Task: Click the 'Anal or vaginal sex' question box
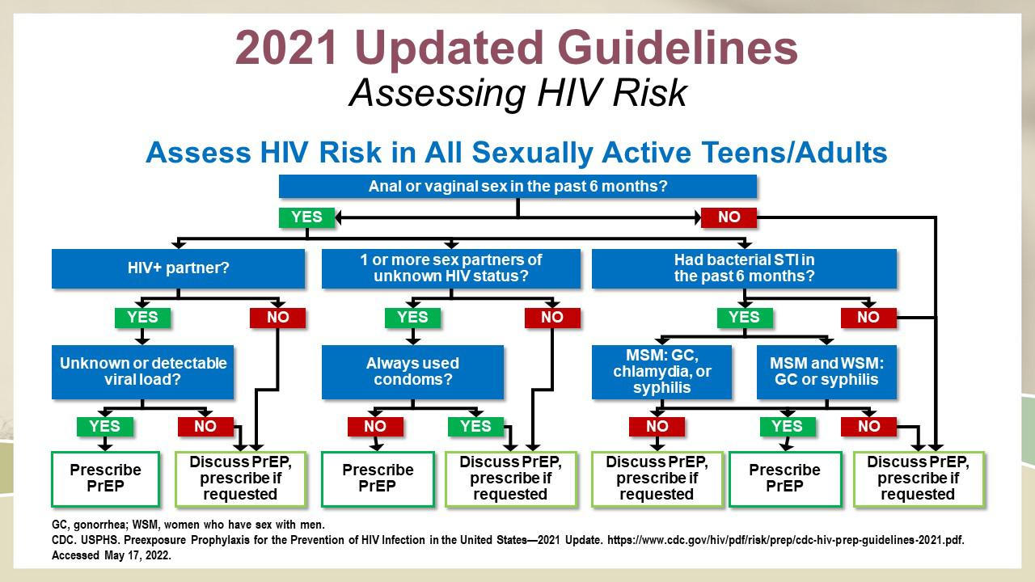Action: click(517, 186)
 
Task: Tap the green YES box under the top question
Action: click(306, 217)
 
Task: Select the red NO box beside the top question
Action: click(729, 217)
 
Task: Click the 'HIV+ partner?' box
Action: click(179, 268)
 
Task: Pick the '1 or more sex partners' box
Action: click(451, 268)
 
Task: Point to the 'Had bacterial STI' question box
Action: click(744, 268)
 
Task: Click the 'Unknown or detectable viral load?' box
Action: click(143, 372)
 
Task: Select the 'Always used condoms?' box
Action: click(412, 372)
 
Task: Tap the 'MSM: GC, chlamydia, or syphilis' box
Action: click(661, 372)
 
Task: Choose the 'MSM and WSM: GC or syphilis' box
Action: click(826, 372)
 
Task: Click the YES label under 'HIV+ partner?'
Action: click(143, 318)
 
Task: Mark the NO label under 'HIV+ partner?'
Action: click(277, 318)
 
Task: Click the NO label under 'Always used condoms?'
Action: click(375, 426)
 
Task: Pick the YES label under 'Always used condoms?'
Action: click(475, 426)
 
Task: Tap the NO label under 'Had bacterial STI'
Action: click(868, 318)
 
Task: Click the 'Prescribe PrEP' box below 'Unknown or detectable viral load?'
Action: click(105, 479)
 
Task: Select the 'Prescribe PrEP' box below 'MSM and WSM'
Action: click(785, 479)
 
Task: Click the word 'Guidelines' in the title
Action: click(678, 48)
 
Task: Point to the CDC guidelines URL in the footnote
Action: click(785, 540)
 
